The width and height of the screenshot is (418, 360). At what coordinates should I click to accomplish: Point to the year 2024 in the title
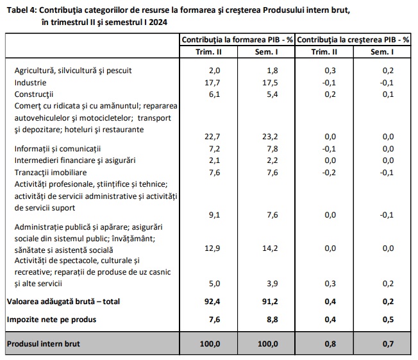[158, 22]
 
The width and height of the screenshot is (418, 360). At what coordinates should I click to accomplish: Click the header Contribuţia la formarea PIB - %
[237, 40]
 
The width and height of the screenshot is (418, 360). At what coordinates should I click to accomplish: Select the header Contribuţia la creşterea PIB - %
[353, 40]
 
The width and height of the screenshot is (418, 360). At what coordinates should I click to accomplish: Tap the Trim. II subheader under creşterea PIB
[324, 52]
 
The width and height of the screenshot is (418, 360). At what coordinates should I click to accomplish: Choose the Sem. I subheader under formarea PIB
[266, 52]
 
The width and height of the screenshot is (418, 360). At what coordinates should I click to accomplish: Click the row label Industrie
[30, 83]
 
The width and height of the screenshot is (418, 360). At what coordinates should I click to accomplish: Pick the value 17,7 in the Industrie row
[212, 83]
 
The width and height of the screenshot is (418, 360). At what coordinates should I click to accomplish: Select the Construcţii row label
[34, 94]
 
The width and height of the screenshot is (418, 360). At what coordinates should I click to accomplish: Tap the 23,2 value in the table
[270, 137]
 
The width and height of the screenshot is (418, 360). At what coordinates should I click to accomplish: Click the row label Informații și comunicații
[58, 149]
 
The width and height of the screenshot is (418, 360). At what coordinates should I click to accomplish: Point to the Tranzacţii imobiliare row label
[51, 173]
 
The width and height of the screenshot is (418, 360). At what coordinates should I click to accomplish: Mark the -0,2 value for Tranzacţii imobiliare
[329, 173]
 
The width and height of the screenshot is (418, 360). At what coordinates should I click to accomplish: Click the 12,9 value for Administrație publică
[212, 248]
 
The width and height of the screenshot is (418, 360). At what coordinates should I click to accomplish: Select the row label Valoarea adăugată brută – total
[63, 302]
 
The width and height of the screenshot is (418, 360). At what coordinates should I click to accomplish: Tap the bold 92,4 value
[212, 302]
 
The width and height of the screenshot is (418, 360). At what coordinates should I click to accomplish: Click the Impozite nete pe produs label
[51, 320]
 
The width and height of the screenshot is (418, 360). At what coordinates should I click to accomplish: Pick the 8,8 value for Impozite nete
[272, 320]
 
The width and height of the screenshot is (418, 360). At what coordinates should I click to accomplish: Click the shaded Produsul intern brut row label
[44, 344]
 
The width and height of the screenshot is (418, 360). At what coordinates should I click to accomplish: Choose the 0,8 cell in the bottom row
[330, 344]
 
